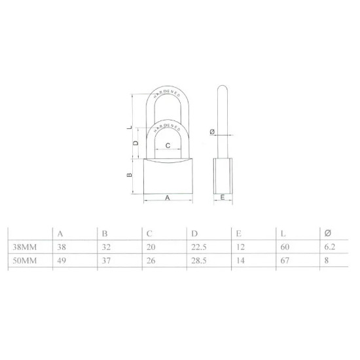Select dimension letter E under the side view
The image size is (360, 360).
pos(223,197)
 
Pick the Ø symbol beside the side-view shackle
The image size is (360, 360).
pos(211,132)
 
